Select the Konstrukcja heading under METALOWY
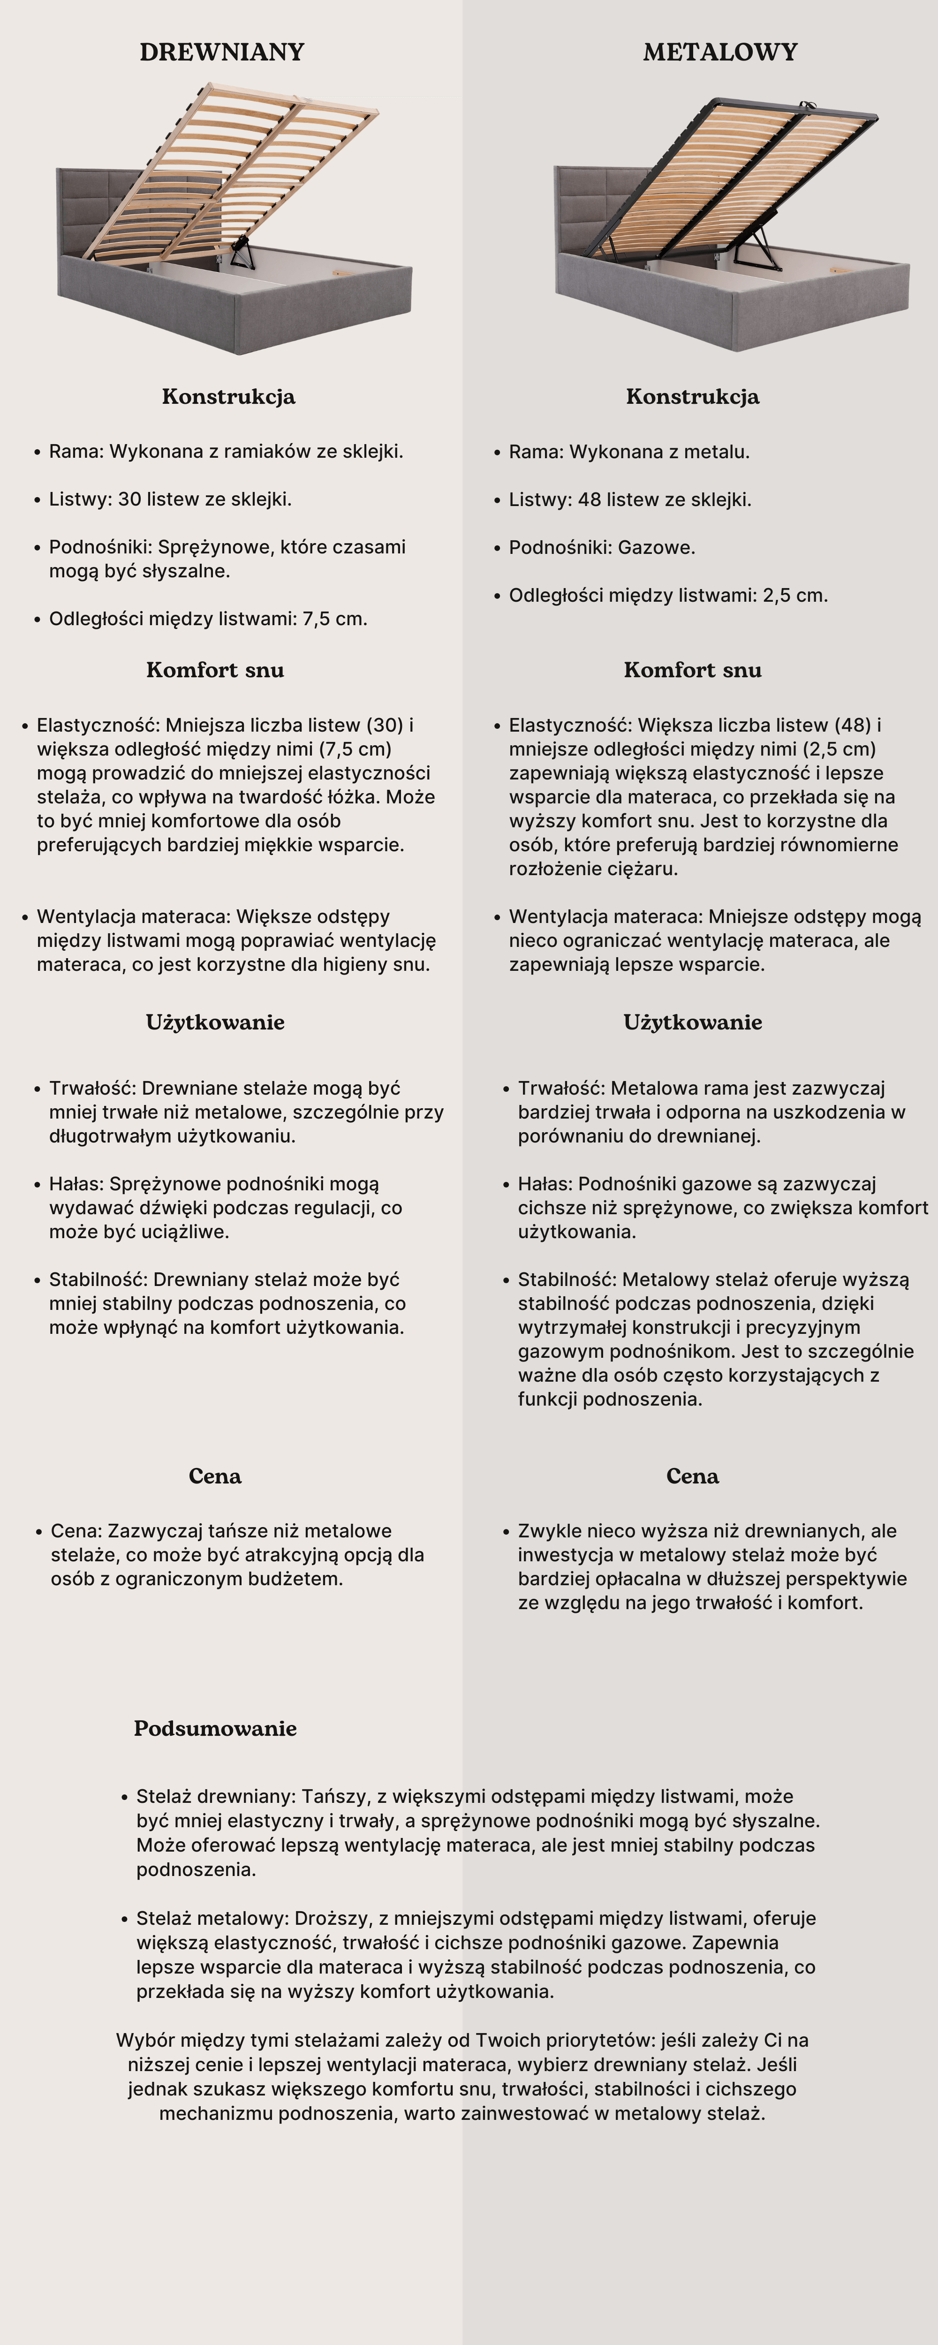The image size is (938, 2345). [692, 397]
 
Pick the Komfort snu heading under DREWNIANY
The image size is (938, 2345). [215, 670]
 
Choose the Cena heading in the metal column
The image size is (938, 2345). [692, 1475]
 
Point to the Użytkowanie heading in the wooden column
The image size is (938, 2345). [215, 1022]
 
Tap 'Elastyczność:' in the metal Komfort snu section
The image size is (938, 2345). [570, 726]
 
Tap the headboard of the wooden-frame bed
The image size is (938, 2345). [91, 209]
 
